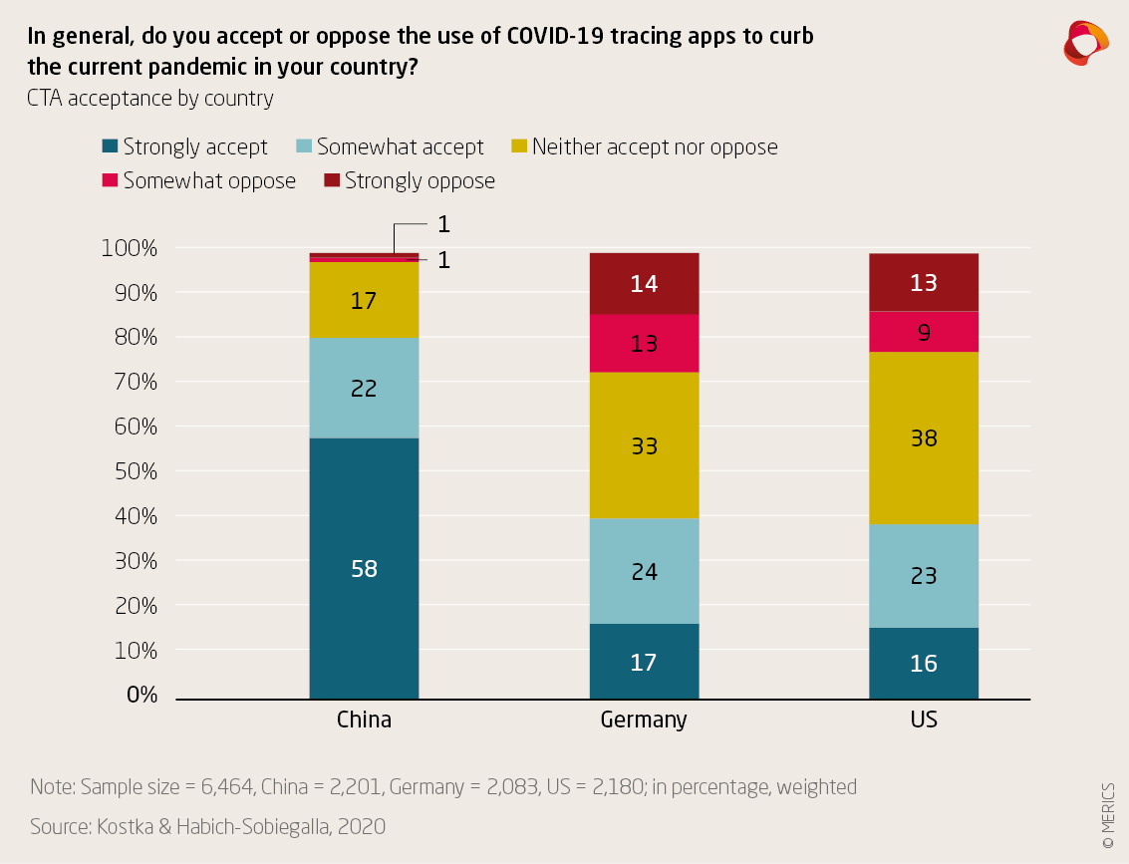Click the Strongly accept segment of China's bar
click(x=364, y=568)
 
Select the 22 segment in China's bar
click(x=364, y=389)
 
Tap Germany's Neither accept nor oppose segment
click(x=644, y=445)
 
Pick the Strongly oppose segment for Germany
click(x=644, y=284)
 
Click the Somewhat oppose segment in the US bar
click(x=924, y=333)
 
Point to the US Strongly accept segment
click(x=924, y=663)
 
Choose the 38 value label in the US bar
click(x=924, y=438)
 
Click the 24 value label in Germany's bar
click(x=644, y=572)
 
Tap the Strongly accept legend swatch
click(x=111, y=147)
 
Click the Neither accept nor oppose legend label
click(x=655, y=147)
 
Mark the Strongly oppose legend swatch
click(x=333, y=181)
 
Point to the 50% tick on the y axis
click(x=130, y=471)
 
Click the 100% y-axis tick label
click(x=130, y=248)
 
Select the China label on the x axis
click(x=364, y=720)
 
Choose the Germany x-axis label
click(x=644, y=720)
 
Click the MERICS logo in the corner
click(x=1085, y=43)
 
